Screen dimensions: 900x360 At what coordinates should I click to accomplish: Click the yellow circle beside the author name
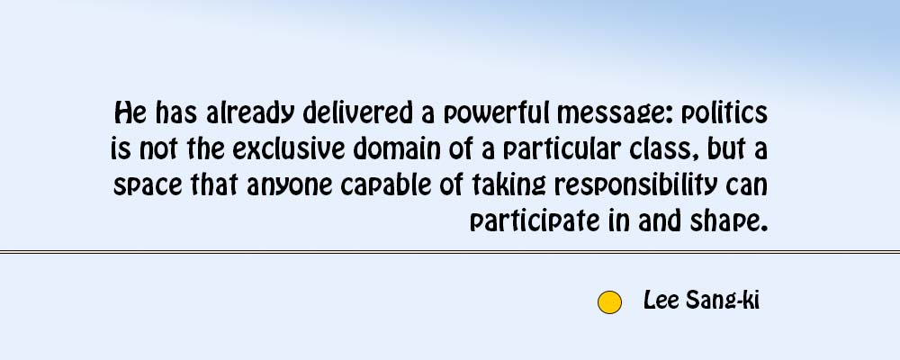(609, 302)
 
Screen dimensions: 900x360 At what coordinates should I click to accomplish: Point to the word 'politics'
(724, 113)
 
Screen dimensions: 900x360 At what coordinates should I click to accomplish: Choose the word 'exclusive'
(289, 149)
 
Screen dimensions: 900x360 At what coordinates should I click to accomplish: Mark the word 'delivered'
(357, 113)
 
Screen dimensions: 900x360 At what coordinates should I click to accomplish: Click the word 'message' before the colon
(611, 114)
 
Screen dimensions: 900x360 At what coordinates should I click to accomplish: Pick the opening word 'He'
(130, 113)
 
